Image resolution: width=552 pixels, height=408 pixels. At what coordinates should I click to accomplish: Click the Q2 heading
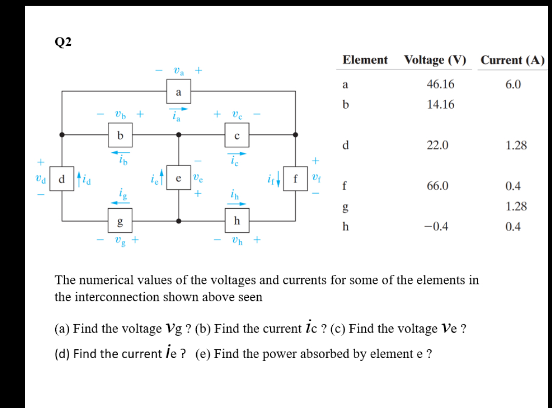click(x=64, y=43)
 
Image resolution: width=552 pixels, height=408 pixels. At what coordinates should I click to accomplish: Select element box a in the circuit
click(x=178, y=93)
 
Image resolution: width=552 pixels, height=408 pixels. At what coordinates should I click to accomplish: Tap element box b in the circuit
click(x=120, y=135)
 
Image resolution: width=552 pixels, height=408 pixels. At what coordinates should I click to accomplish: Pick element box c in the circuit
click(x=236, y=136)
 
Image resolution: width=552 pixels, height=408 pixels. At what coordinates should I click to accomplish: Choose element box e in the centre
click(x=179, y=179)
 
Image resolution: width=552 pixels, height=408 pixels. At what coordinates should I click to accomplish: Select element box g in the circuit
click(x=120, y=221)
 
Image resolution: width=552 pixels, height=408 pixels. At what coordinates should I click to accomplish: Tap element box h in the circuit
click(x=236, y=221)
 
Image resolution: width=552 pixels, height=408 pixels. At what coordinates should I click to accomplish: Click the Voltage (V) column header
click(x=435, y=60)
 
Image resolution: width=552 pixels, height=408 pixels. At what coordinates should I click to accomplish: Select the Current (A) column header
click(x=512, y=60)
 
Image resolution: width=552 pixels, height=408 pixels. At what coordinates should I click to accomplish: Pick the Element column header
click(x=365, y=60)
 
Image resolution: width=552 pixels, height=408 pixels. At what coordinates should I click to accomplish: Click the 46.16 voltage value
click(x=440, y=84)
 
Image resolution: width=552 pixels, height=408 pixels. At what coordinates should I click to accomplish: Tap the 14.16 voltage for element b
click(x=440, y=105)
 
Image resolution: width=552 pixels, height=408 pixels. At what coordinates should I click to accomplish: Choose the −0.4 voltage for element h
click(x=438, y=227)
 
